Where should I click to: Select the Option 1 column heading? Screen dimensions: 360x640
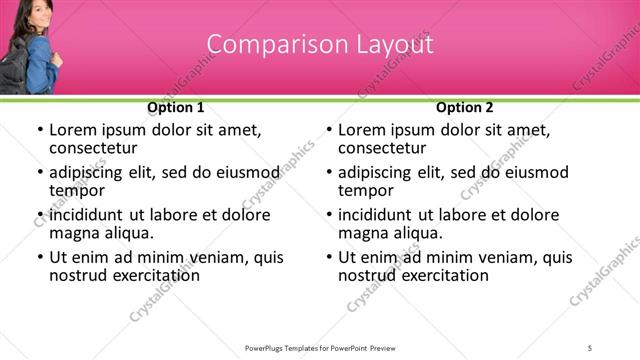tap(176, 107)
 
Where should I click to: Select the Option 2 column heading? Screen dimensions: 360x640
tap(464, 107)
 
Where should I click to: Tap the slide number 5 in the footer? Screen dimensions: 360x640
tap(591, 347)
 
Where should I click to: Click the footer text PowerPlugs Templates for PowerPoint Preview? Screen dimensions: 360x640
tap(321, 347)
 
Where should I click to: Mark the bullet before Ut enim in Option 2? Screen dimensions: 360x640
tap(329, 257)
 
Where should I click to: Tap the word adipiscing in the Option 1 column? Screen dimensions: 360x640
tap(91, 173)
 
